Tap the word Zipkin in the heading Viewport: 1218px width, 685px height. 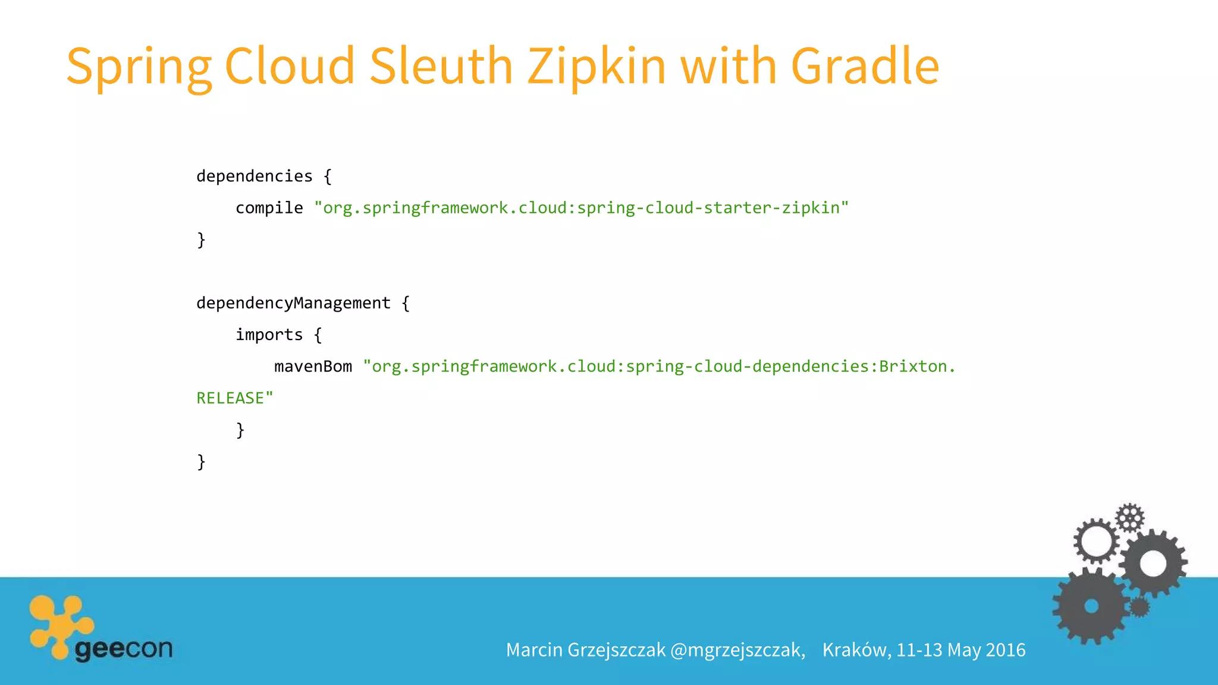[597, 67]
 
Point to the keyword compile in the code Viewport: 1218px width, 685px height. [269, 208]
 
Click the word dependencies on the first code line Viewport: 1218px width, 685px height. [254, 176]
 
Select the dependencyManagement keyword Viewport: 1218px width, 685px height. [293, 303]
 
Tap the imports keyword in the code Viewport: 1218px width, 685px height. [269, 335]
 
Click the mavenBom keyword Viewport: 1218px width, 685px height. [313, 366]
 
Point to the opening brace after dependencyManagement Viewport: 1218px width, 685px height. [406, 303]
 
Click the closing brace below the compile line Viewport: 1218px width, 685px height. [201, 240]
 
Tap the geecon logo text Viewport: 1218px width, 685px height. [124, 649]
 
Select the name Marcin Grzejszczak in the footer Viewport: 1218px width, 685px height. [585, 650]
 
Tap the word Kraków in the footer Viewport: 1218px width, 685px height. [856, 650]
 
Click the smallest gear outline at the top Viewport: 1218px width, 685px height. [1129, 517]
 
